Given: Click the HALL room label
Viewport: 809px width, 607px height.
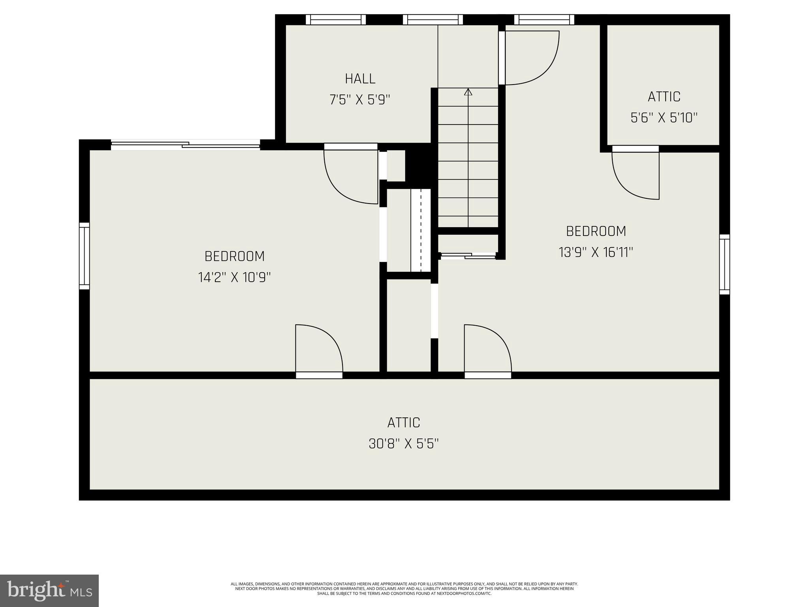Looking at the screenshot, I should point(360,79).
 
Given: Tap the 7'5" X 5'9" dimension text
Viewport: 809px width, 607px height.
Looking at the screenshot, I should point(360,100).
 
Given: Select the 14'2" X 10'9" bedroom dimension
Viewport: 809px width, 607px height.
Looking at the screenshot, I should point(234,277).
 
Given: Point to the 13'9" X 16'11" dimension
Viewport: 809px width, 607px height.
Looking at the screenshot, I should point(596,252).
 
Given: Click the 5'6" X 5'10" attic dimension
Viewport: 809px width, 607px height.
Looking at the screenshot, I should point(664,118).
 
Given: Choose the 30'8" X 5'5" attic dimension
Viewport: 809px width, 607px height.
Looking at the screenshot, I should point(404,444).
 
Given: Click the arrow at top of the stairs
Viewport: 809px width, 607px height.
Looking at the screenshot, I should point(468,92).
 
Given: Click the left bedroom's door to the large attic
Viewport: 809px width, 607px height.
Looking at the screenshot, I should point(318,350).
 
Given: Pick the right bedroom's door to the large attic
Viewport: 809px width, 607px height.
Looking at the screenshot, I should point(487,350).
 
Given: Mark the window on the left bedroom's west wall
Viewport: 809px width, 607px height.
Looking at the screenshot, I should point(84,256).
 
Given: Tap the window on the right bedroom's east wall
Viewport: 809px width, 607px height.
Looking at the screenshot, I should point(724,264).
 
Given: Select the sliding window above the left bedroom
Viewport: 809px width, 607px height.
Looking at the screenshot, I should point(185,145).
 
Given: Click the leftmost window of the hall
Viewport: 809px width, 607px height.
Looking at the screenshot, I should point(336,19).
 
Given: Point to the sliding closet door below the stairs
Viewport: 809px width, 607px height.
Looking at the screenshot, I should point(468,256).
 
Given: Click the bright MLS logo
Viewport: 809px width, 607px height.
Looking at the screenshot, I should point(49,590).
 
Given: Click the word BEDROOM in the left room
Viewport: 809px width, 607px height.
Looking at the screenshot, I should point(234,256).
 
